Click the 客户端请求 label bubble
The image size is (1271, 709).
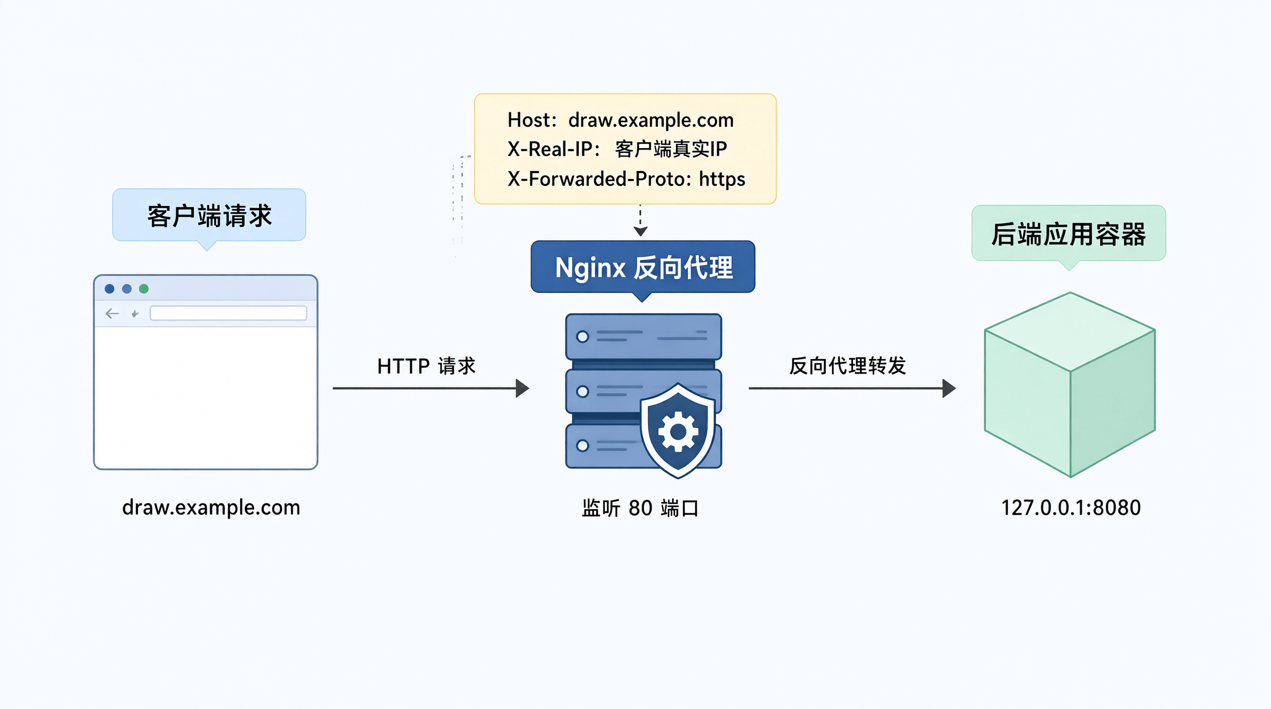click(209, 216)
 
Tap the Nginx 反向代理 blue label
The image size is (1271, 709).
click(643, 267)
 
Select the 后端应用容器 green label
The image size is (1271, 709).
click(1069, 234)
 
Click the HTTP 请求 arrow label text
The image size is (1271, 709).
click(426, 367)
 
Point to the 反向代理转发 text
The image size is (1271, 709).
click(847, 366)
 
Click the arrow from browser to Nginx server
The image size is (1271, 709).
click(431, 388)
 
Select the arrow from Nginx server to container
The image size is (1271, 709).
click(852, 388)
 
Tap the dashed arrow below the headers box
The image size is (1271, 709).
click(641, 220)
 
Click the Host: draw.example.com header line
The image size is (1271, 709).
click(621, 120)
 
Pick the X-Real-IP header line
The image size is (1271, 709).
click(617, 149)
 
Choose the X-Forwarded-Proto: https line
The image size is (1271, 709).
click(627, 179)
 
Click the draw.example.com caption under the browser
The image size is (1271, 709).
click(211, 507)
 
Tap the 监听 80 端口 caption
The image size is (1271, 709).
click(641, 508)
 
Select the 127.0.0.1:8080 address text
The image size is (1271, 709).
click(1071, 508)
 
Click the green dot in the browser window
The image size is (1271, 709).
click(144, 288)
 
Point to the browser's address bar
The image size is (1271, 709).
click(229, 313)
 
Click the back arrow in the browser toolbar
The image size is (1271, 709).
click(113, 313)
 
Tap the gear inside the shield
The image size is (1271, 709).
click(678, 432)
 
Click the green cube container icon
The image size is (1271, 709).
click(1070, 385)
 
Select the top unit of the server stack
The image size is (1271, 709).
click(643, 336)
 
